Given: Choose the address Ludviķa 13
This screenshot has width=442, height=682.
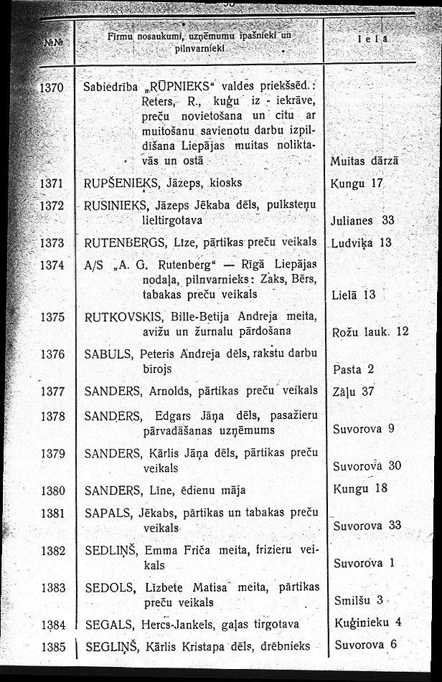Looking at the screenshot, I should tap(363, 242).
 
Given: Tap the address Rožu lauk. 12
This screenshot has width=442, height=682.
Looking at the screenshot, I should tap(370, 331).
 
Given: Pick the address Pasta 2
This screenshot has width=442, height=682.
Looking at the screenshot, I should tap(354, 369).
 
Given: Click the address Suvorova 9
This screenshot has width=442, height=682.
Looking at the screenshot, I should tap(365, 430).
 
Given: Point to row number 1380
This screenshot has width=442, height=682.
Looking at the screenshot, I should tap(53, 491).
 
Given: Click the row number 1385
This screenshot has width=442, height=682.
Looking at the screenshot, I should tap(53, 645).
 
